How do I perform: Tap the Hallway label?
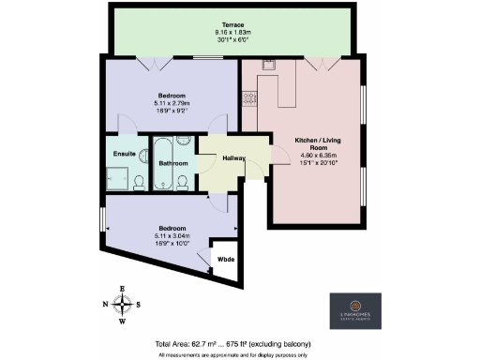tap(233, 157)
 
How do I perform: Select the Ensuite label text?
tap(125, 153)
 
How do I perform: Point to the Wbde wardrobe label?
tap(226, 258)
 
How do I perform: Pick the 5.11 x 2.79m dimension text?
tap(171, 103)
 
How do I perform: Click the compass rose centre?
tap(122, 304)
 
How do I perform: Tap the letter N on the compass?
tap(105, 304)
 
